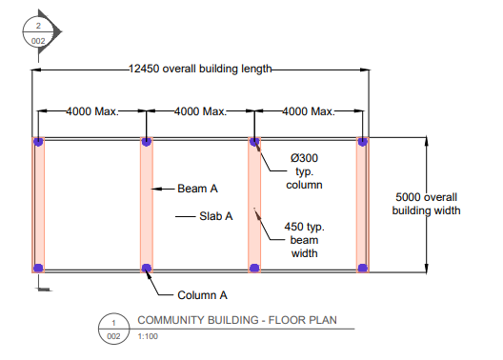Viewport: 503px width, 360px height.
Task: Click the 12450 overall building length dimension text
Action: pyautogui.click(x=202, y=69)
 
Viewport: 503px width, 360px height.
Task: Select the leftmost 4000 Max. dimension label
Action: pyautogui.click(x=91, y=111)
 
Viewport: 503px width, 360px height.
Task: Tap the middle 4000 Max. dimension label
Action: pyautogui.click(x=200, y=111)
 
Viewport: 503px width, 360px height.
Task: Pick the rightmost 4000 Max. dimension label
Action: pyautogui.click(x=309, y=111)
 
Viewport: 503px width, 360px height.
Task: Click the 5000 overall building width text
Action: pyautogui.click(x=427, y=203)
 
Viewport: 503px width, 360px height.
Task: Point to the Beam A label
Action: pyautogui.click(x=197, y=189)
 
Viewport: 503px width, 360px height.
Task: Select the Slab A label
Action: pyautogui.click(x=216, y=216)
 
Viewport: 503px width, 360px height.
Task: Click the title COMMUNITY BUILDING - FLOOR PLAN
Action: pyautogui.click(x=237, y=320)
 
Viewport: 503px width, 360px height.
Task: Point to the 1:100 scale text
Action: pyautogui.click(x=150, y=336)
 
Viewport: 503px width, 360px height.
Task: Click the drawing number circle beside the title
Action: pyautogui.click(x=114, y=328)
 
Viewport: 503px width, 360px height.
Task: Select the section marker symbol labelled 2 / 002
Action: pyautogui.click(x=39, y=32)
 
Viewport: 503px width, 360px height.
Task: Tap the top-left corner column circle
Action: pyautogui.click(x=38, y=142)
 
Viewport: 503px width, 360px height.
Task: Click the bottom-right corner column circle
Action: pyautogui.click(x=362, y=269)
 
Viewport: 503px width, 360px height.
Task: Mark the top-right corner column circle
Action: pyautogui.click(x=362, y=142)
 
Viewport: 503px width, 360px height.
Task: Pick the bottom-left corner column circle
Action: pyautogui.click(x=38, y=269)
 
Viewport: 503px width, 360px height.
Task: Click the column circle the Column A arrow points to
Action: pyautogui.click(x=146, y=269)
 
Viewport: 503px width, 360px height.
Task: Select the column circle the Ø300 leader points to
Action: pyautogui.click(x=254, y=142)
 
